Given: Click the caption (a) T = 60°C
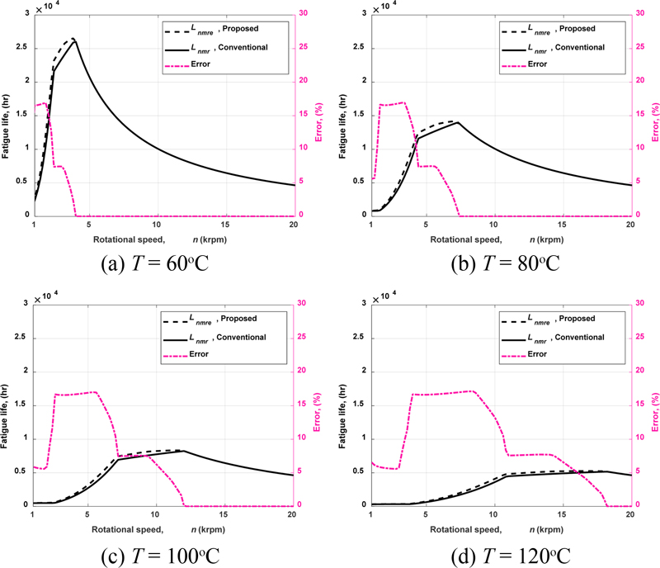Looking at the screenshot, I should click(x=165, y=264).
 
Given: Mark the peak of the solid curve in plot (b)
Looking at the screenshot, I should click(x=458, y=122).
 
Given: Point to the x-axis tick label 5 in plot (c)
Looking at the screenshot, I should click(x=87, y=514).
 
